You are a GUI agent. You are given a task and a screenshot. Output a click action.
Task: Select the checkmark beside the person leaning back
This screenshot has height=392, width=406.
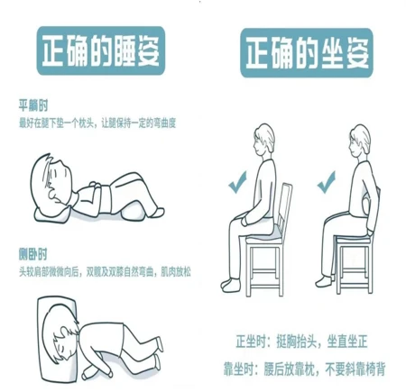point(327,186)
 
